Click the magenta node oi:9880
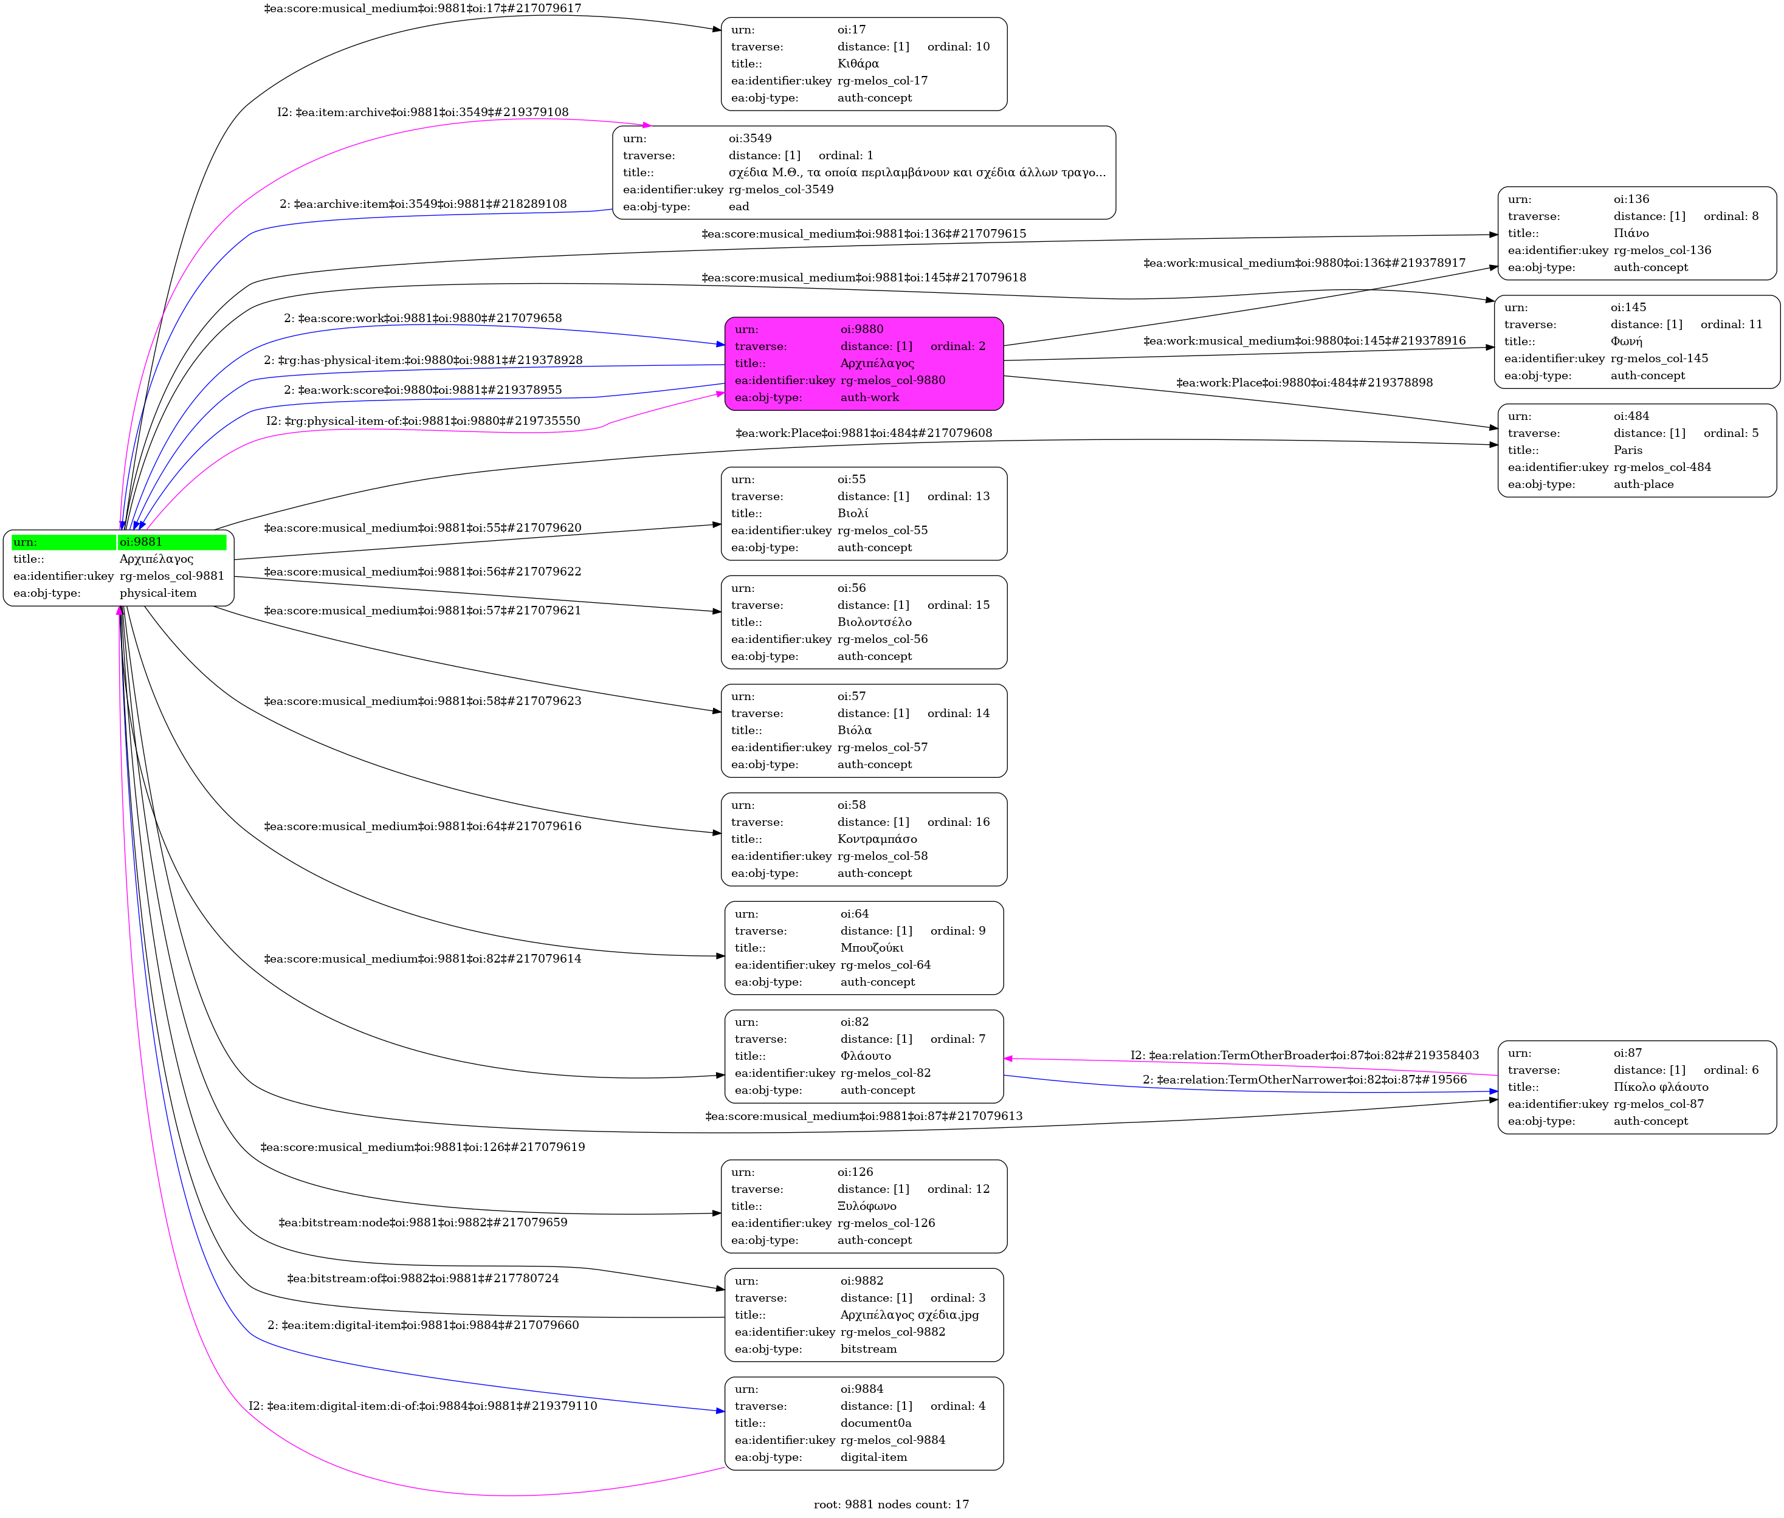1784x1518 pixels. [863, 363]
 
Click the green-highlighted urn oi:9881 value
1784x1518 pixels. [141, 542]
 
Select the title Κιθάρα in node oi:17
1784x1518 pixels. [858, 64]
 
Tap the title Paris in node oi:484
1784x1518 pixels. [1627, 450]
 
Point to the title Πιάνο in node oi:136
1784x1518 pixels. [1631, 233]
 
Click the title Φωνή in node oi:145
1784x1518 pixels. [1627, 342]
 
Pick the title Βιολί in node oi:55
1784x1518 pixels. [853, 513]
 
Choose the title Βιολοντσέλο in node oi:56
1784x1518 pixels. [874, 622]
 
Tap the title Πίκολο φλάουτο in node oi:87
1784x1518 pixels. [1661, 1087]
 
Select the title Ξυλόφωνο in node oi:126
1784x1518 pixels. [867, 1206]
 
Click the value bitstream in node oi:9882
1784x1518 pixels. [869, 1349]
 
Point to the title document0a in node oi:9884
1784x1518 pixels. [876, 1423]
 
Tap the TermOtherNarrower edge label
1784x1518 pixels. [1304, 1080]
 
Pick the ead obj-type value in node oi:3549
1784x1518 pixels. [739, 207]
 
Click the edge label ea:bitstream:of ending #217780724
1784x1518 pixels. [422, 1279]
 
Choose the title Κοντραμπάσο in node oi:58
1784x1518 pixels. [877, 839]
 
